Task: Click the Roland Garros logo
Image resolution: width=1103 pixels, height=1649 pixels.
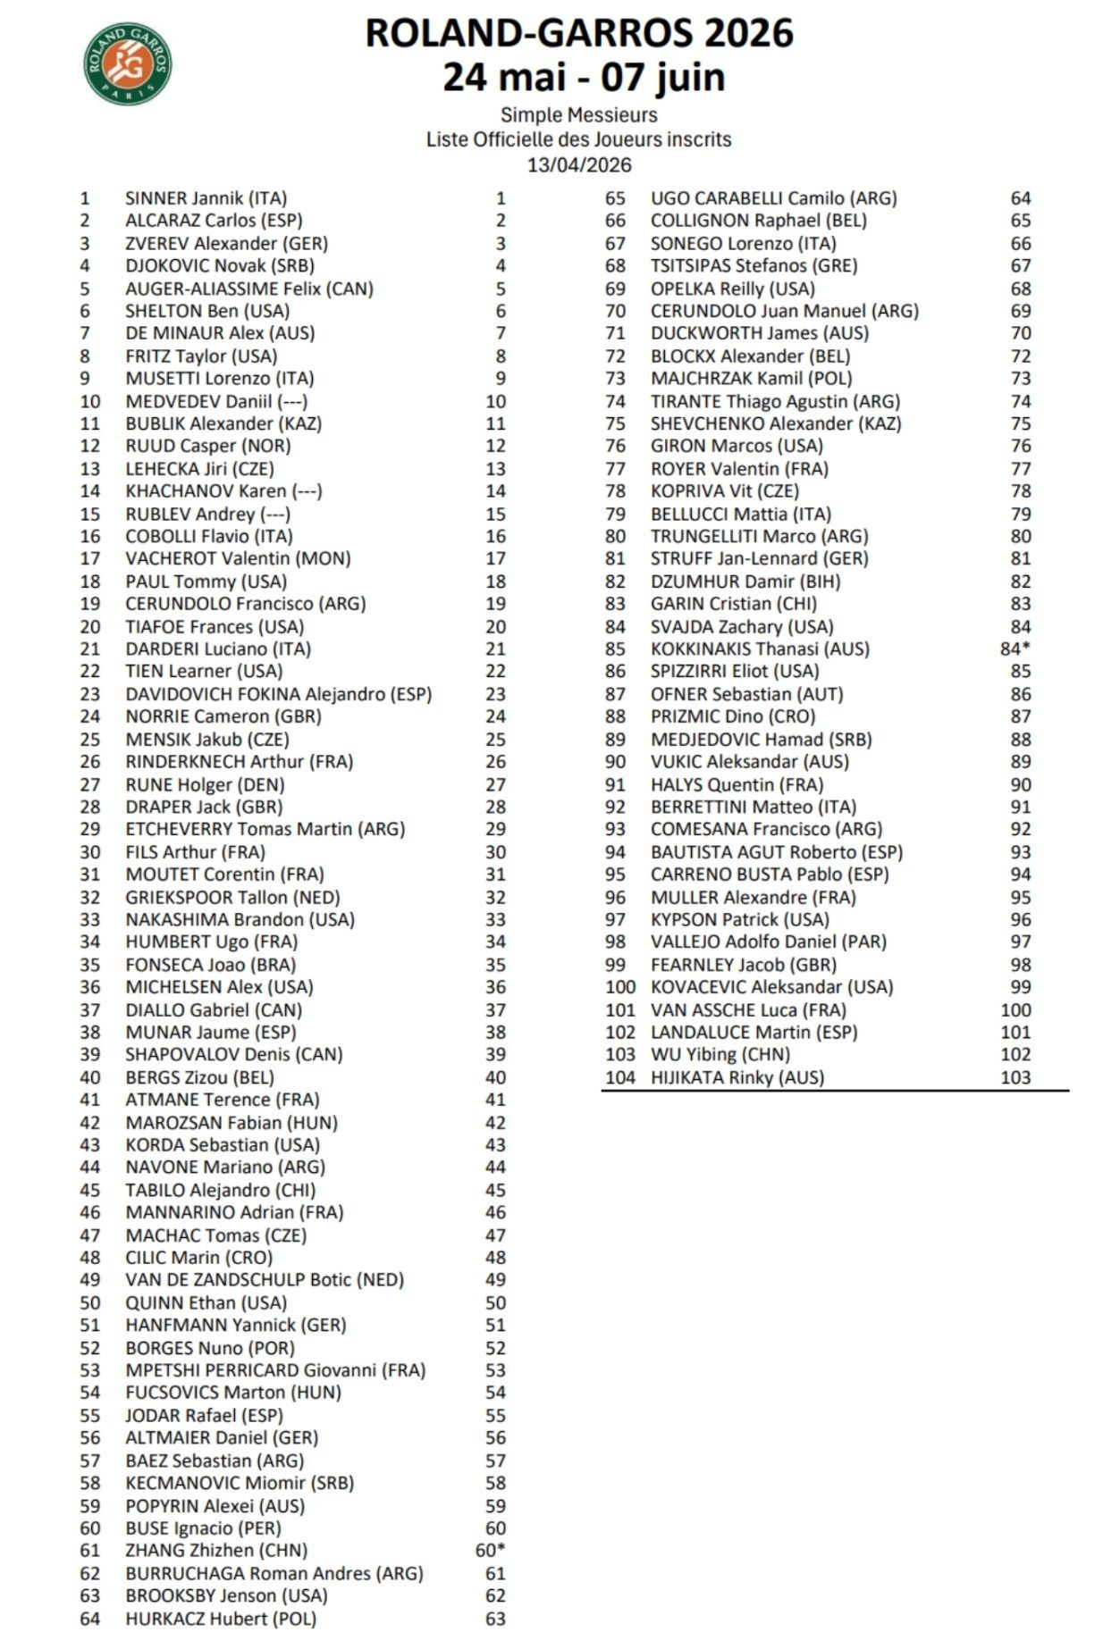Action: [127, 63]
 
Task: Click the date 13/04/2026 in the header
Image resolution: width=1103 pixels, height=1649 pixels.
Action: [578, 164]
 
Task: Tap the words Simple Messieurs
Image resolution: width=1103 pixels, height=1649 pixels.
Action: [578, 114]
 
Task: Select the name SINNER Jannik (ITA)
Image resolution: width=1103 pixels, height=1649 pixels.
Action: [206, 198]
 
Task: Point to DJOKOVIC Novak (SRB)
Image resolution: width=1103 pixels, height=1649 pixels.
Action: [219, 265]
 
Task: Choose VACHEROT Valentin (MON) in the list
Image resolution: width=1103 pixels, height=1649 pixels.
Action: [237, 558]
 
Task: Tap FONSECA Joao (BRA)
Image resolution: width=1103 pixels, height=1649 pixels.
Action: [210, 965]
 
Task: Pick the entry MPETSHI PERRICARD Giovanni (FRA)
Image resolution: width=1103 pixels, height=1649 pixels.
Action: [275, 1370]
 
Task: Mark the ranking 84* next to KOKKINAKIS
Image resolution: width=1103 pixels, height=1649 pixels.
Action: [1015, 649]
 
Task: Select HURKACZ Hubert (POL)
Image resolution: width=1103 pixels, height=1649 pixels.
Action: [221, 1619]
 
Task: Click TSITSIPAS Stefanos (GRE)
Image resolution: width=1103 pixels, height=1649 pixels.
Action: [754, 265]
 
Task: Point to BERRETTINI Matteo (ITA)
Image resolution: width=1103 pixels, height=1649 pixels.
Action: [753, 807]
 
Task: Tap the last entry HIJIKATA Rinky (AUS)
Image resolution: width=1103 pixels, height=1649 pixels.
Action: [737, 1077]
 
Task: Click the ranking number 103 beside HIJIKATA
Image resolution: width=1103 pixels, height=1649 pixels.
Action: [1015, 1077]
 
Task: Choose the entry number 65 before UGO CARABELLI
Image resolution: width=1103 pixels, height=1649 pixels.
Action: [615, 198]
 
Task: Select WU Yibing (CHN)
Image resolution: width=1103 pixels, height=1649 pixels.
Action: [720, 1054]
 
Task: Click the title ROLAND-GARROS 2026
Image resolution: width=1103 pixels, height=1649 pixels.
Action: [578, 33]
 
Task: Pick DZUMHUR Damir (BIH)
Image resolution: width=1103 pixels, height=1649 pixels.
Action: [745, 581]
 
